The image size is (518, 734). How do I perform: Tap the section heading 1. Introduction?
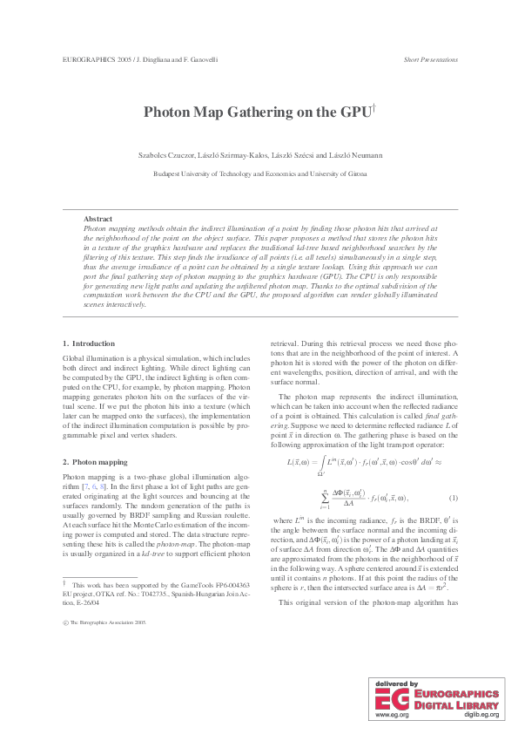pos(89,344)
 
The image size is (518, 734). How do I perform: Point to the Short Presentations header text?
pos(431,60)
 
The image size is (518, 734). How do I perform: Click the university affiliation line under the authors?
pos(259,173)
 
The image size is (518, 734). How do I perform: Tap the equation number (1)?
pos(453,498)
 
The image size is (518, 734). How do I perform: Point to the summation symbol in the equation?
pos(324,498)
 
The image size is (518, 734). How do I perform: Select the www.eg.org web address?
pos(392,714)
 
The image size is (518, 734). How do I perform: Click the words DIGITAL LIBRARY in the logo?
pos(456,705)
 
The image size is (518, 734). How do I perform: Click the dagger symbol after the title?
pos(373,107)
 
